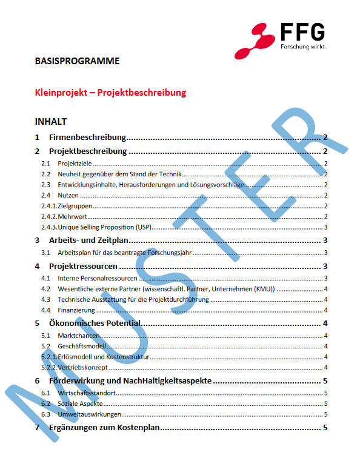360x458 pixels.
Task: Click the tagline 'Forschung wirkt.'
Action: [x=303, y=47]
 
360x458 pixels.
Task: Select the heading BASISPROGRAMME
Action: [x=77, y=61]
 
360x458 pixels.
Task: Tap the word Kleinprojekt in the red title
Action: [x=61, y=93]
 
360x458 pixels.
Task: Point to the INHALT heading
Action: [x=51, y=122]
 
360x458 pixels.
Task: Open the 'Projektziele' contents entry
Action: [x=74, y=164]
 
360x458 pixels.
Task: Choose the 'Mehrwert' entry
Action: [x=72, y=217]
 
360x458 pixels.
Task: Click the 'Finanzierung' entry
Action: [x=75, y=310]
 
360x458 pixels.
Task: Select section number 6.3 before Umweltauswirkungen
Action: [x=45, y=414]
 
